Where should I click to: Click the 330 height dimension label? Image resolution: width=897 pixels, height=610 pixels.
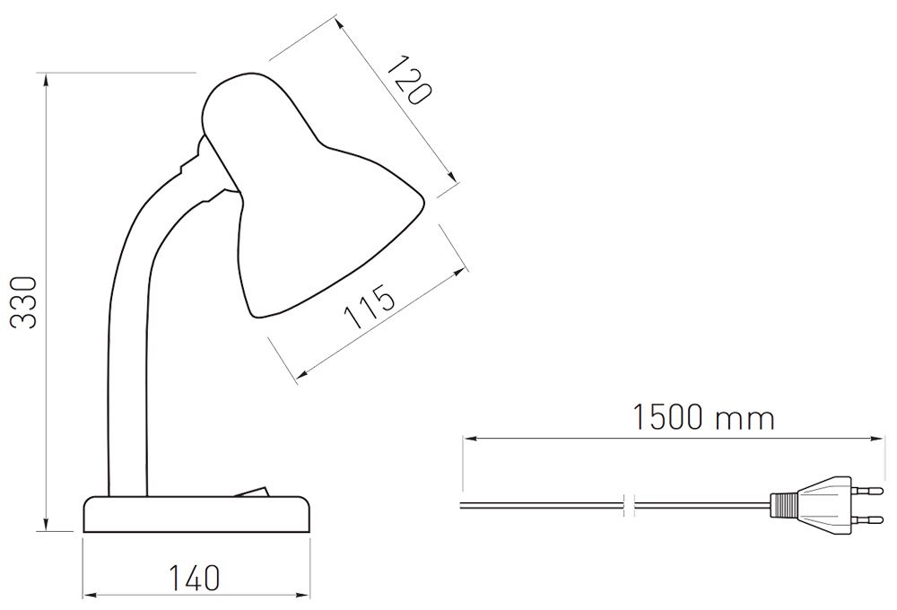click(x=24, y=302)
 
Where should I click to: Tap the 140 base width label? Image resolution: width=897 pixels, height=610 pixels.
click(x=194, y=578)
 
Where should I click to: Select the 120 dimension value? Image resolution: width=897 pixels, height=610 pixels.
click(x=408, y=80)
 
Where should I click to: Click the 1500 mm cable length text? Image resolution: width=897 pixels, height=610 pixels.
click(x=703, y=417)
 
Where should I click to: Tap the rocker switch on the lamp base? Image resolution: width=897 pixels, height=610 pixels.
click(x=250, y=492)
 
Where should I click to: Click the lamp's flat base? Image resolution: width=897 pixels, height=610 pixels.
click(x=197, y=514)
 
